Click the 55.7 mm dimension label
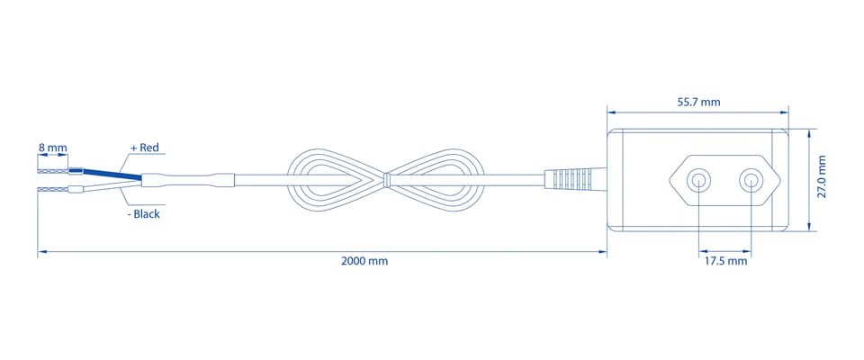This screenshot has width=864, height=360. (x=698, y=102)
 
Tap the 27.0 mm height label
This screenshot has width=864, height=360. (x=822, y=176)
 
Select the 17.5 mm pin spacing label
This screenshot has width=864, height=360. (x=726, y=261)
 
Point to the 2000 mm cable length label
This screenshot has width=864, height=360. (x=364, y=261)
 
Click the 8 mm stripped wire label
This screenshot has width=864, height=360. (x=52, y=148)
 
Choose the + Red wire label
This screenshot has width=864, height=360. (x=144, y=148)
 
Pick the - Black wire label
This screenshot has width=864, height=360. (x=143, y=214)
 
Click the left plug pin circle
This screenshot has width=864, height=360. (x=698, y=180)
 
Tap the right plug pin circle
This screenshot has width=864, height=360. (x=751, y=180)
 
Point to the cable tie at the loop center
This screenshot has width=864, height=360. (x=386, y=179)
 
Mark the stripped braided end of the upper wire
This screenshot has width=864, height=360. (x=53, y=171)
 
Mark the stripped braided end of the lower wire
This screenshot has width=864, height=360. (x=53, y=190)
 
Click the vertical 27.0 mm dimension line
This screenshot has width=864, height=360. (x=808, y=180)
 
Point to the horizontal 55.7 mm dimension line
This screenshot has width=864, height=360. (x=697, y=112)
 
